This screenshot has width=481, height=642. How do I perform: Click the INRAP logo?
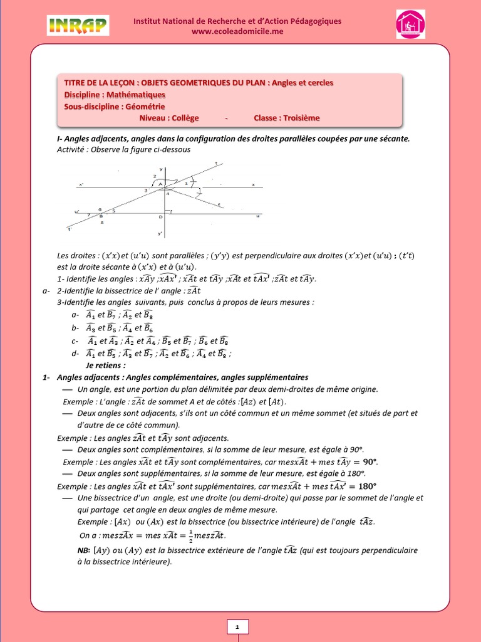click(78, 25)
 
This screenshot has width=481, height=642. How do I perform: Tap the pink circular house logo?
click(410, 24)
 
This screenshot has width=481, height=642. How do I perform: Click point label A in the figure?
click(160, 184)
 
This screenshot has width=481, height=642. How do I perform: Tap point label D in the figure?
click(160, 217)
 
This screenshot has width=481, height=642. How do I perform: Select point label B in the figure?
click(101, 216)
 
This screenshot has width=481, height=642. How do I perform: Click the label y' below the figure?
click(160, 233)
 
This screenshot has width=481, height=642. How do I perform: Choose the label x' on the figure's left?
click(81, 184)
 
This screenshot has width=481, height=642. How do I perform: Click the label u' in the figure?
click(77, 211)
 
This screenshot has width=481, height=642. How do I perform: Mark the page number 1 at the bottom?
click(237, 626)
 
